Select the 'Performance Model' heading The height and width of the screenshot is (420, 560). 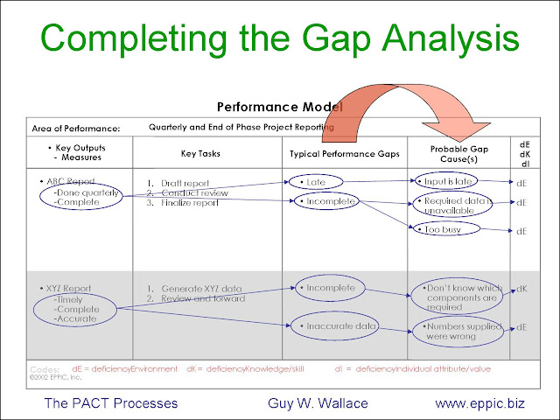point(279,106)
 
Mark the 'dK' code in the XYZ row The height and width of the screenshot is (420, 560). point(521,288)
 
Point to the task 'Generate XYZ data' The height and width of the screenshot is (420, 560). point(193,288)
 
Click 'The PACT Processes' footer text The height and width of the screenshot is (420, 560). point(110,403)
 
